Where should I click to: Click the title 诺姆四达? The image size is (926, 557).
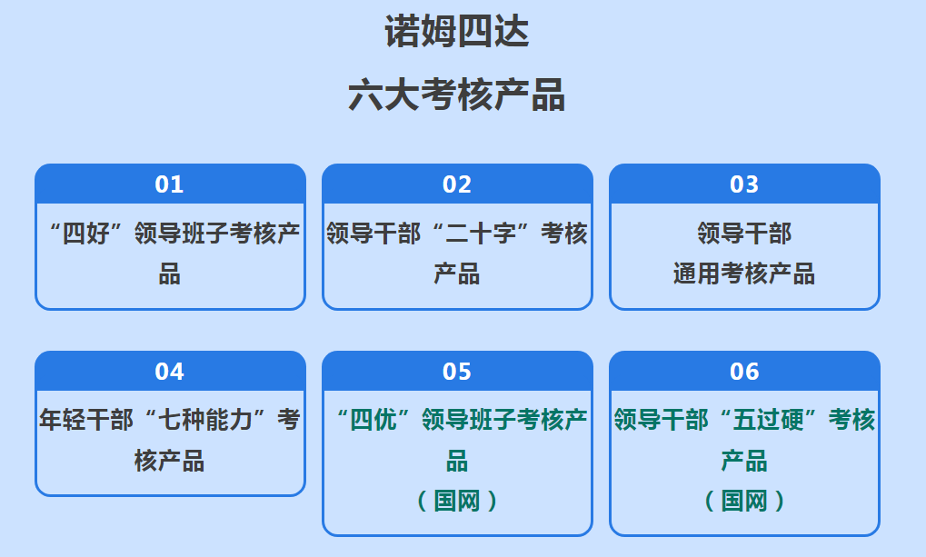point(456,31)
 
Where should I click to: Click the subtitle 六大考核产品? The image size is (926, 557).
point(456,94)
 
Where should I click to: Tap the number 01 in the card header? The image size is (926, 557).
point(170,184)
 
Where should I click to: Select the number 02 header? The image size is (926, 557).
point(457,184)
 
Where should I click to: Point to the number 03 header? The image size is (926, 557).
point(744,184)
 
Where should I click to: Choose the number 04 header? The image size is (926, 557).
point(170,372)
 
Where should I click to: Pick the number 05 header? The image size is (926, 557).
point(457,372)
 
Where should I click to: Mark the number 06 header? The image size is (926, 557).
point(744,372)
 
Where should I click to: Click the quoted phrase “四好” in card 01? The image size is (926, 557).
point(87,234)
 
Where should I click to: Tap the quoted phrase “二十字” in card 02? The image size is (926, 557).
point(481,234)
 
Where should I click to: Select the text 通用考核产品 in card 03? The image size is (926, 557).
point(744,274)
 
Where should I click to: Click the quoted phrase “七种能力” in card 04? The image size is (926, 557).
point(205,420)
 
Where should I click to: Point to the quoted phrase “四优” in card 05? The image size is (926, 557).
point(373,420)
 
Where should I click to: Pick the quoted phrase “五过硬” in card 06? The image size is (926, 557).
point(768,420)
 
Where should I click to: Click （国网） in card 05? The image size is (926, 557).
point(457,501)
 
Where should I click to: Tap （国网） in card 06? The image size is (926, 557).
point(744,501)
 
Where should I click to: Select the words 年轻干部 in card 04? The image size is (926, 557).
point(86,420)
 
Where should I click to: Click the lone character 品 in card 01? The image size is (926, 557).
point(170,274)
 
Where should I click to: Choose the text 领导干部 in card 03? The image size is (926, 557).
point(744,234)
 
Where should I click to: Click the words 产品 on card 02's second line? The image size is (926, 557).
point(457,274)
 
